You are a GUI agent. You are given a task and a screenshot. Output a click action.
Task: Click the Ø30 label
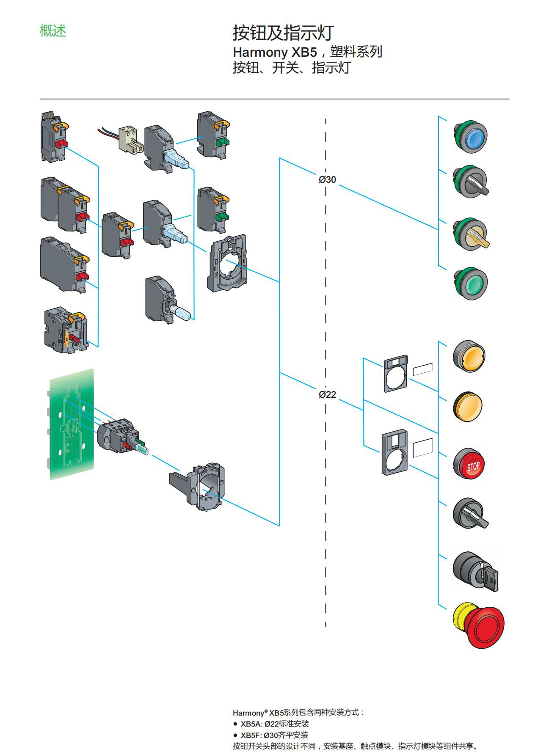(x=327, y=179)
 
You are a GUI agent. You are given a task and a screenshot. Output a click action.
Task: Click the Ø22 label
(x=327, y=394)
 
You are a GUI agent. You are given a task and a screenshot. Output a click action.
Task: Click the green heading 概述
(x=53, y=31)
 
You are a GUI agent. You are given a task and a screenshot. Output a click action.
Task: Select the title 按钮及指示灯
(x=283, y=33)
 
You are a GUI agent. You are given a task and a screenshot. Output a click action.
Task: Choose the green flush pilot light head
(x=471, y=283)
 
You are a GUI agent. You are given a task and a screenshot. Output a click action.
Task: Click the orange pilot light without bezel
(x=468, y=407)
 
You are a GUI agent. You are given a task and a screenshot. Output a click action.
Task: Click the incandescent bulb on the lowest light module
(x=183, y=313)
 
